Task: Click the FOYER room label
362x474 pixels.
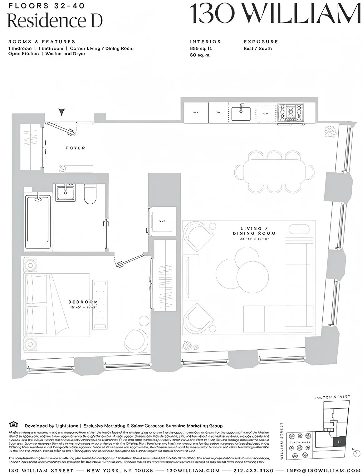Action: pos(75,148)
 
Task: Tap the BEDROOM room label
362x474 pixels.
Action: pos(83,302)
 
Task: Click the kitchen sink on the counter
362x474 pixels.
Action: pos(241,113)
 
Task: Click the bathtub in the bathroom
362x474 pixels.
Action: pos(38,218)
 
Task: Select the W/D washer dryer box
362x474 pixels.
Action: pos(162,221)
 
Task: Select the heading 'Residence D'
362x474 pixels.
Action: pos(55,21)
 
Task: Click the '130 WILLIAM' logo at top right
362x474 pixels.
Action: pos(275,14)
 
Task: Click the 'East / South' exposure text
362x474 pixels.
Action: pos(258,49)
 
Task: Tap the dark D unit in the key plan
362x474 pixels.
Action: pos(339,442)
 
